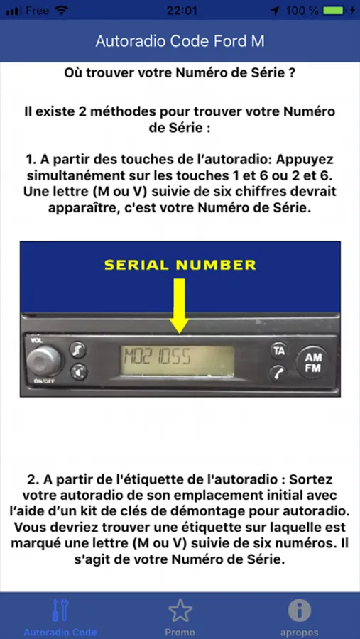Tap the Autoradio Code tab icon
tap(60, 610)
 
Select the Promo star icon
tap(180, 611)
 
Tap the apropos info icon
tap(299, 611)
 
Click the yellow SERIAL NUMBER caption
tap(180, 266)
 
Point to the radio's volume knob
tap(44, 361)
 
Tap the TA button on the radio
tap(279, 351)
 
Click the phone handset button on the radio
tap(279, 373)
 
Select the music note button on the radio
tap(78, 349)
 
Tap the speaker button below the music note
tap(78, 371)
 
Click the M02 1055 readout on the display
tap(158, 356)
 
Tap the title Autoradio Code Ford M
tap(180, 41)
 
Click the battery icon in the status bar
tap(334, 11)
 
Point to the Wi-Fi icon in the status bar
tap(61, 11)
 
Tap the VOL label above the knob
tap(34, 340)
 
